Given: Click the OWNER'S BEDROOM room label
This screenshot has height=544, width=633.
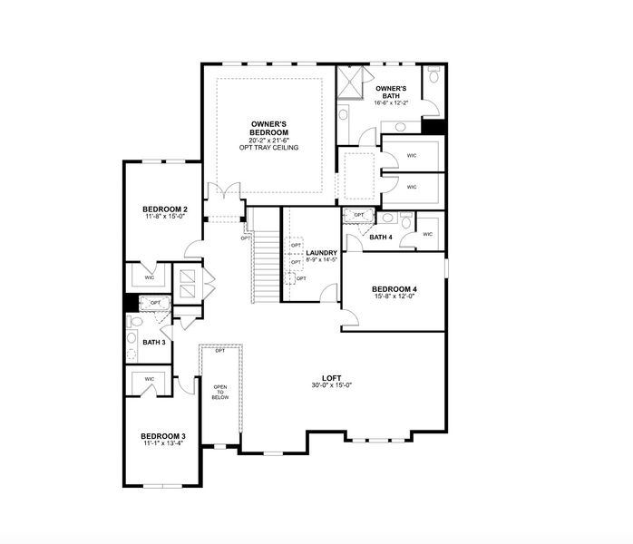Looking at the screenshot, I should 268,127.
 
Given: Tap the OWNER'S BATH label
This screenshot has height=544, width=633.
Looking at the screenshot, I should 391,92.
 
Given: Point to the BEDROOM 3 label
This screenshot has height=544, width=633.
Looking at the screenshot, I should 163,436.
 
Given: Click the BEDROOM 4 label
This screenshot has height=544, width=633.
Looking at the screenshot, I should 394,290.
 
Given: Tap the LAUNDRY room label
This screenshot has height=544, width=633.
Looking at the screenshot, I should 322,253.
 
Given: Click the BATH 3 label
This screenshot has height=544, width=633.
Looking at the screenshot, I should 153,342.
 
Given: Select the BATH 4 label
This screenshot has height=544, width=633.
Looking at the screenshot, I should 381,238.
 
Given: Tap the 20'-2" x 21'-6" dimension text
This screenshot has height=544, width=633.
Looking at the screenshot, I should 268,140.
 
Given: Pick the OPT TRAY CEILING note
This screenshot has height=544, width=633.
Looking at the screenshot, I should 268,148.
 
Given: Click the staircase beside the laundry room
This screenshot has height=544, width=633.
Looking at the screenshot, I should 266,262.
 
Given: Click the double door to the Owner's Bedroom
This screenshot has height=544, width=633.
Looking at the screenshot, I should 223,193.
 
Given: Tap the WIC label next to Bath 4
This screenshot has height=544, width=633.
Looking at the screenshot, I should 427,235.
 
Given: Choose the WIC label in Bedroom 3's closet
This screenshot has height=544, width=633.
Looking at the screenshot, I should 149,379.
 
